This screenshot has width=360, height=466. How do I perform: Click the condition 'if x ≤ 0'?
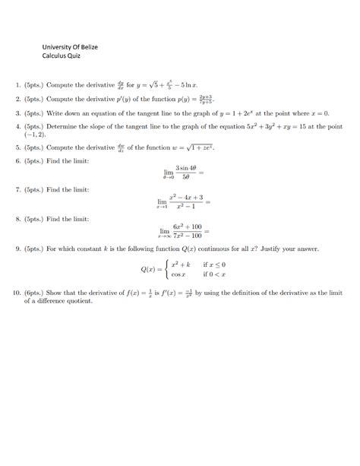click(x=214, y=265)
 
